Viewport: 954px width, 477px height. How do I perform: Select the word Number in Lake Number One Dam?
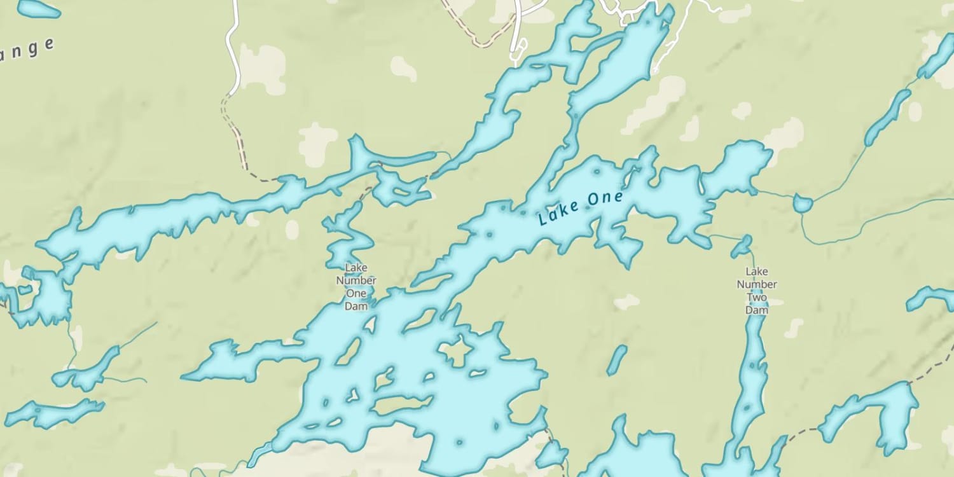pyautogui.click(x=356, y=280)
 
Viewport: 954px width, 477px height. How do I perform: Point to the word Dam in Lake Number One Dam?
pyautogui.click(x=356, y=306)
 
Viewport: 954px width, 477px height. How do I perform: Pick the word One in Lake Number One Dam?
pyautogui.click(x=356, y=293)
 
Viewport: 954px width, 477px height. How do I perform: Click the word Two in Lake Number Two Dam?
pyautogui.click(x=757, y=298)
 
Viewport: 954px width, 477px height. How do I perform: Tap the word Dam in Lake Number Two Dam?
pyautogui.click(x=757, y=310)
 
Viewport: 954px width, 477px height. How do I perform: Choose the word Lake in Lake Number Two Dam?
pyautogui.click(x=757, y=272)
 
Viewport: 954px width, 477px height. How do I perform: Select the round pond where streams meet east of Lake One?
pyautogui.click(x=803, y=204)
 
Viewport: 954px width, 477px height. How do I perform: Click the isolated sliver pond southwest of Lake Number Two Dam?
pyautogui.click(x=616, y=360)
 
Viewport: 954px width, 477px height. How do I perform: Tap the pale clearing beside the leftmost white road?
pyautogui.click(x=262, y=67)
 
